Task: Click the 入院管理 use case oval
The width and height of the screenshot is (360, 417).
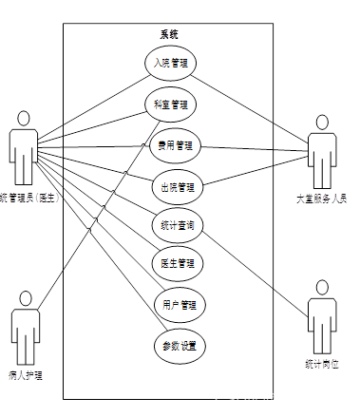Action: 177,64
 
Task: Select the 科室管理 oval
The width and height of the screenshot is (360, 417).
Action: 177,104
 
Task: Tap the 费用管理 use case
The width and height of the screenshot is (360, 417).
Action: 177,145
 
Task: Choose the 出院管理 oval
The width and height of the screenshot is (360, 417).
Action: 178,185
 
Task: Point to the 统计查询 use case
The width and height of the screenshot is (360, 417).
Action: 178,225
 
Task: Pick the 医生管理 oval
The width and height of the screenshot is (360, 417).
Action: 178,262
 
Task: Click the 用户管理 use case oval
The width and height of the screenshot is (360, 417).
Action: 179,305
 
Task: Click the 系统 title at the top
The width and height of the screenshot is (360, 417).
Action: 169,34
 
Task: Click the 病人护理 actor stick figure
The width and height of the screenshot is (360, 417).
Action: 25,328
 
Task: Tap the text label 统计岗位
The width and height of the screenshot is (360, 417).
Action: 322,364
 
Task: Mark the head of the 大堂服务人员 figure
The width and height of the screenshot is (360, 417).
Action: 322,123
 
